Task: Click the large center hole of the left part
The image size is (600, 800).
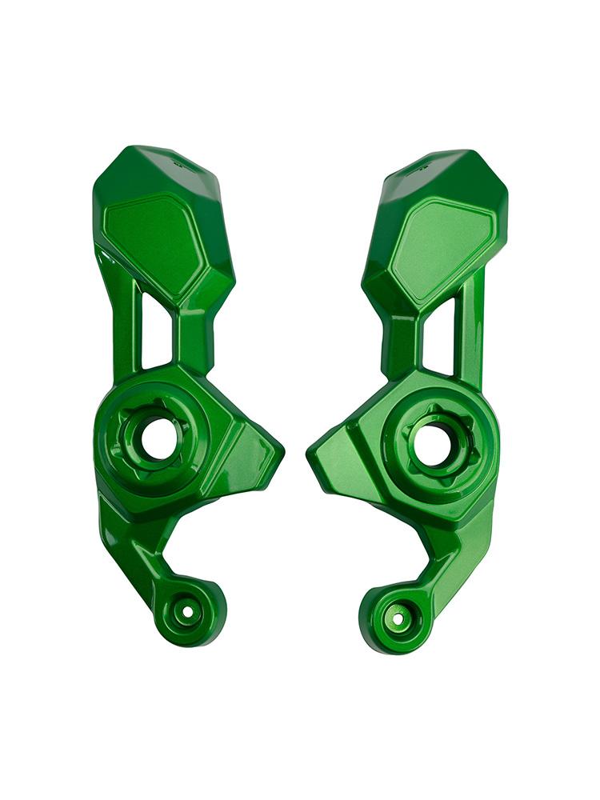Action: point(159,439)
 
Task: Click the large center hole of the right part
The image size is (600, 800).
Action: point(434,444)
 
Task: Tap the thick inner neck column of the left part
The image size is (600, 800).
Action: point(194,336)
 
